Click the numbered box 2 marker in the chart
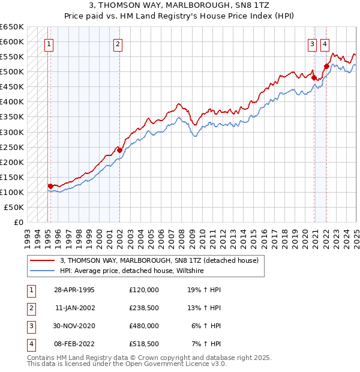[x=118, y=43]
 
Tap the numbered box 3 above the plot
[x=313, y=43]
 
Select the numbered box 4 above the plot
[x=325, y=43]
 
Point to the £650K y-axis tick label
[x=12, y=27]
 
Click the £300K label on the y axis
[x=12, y=132]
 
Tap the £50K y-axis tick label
[x=14, y=207]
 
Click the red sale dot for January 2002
[x=119, y=150]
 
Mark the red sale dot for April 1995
[x=50, y=186]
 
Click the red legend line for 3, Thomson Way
[x=42, y=260]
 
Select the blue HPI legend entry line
[x=42, y=271]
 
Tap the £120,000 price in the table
[x=144, y=289]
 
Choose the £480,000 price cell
[x=144, y=326]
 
